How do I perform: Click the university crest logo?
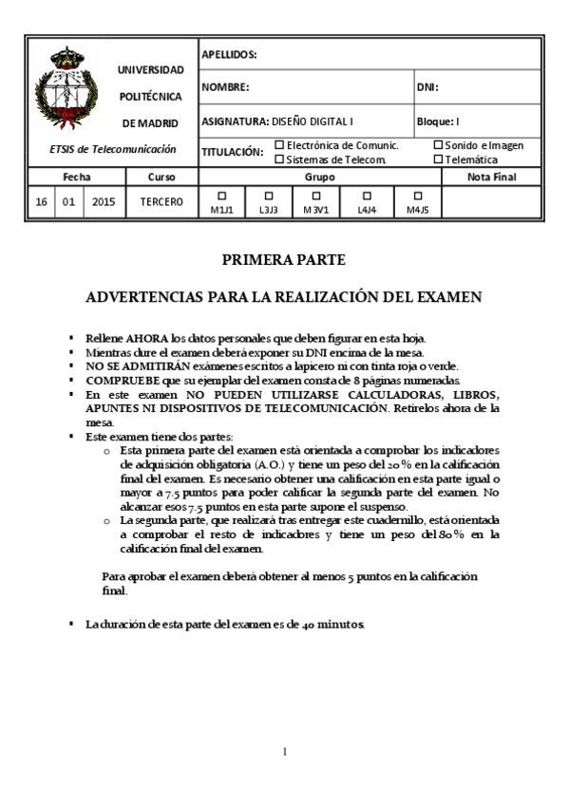coord(67,90)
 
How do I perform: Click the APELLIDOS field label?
coord(229,55)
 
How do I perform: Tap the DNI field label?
coord(427,87)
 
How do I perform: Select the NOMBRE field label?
coord(225,87)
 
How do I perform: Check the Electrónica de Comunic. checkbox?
coord(279,145)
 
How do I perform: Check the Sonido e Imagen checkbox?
coord(438,145)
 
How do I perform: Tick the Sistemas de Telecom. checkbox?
coord(279,159)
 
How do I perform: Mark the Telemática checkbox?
coord(438,159)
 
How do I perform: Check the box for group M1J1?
coord(222,196)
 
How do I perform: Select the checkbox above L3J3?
coord(268,196)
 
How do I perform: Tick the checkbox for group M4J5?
coord(418,196)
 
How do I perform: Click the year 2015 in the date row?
coord(104,202)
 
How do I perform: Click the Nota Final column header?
coord(491,177)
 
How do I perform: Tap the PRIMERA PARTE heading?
coord(284,258)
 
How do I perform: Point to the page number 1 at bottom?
coord(284,753)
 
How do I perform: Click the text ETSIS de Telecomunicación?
coord(113,149)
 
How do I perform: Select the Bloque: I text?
coord(438,122)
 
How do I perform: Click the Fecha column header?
coord(77,177)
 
